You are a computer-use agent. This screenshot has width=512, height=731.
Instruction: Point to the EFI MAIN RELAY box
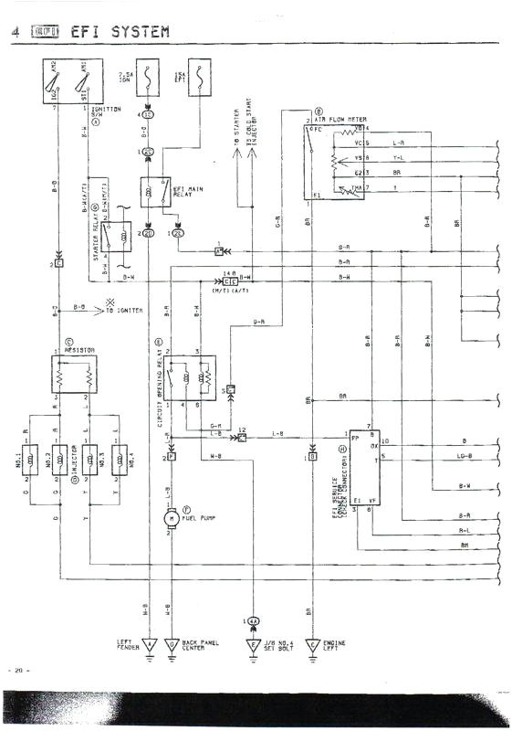click(x=155, y=192)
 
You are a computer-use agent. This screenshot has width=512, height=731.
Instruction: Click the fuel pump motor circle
click(x=170, y=519)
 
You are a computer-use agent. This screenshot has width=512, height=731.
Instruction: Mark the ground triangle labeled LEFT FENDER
click(x=149, y=645)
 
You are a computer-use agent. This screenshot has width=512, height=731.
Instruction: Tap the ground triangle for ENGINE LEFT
click(x=313, y=645)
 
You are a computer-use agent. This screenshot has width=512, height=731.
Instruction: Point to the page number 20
click(x=19, y=672)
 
